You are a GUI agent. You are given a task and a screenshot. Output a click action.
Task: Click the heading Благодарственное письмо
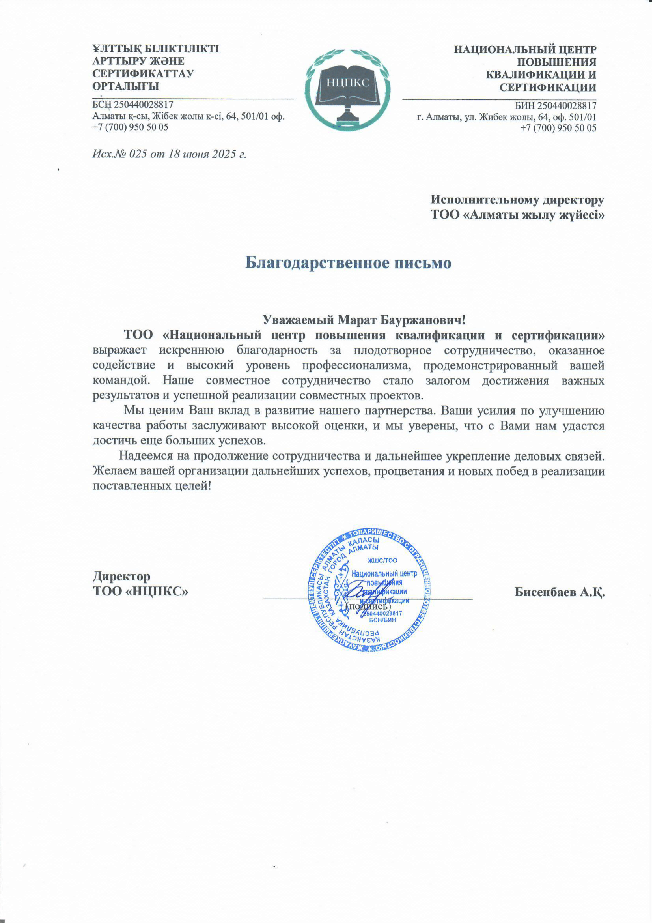click(348, 263)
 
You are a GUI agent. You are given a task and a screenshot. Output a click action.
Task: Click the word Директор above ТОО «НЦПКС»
click(121, 577)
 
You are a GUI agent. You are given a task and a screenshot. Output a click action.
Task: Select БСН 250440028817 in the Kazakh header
click(133, 105)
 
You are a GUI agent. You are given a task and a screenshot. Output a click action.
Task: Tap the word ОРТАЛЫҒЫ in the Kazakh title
click(126, 86)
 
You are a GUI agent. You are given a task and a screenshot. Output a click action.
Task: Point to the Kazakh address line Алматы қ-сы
click(188, 117)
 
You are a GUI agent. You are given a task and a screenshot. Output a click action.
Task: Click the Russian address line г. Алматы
click(506, 118)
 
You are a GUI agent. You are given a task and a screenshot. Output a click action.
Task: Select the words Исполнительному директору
click(517, 200)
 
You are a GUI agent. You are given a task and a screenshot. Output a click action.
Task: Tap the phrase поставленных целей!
click(152, 486)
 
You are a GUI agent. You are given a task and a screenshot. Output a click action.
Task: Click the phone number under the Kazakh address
click(130, 127)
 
